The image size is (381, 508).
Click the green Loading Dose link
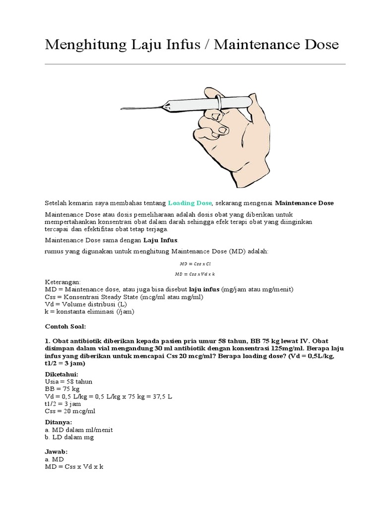pos(190,203)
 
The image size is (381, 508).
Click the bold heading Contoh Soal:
pos(66,326)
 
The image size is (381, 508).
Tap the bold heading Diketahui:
pos(62,374)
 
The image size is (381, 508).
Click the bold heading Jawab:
pos(56,452)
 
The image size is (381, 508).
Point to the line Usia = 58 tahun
pos(68,381)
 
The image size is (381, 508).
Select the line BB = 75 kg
pos(62,389)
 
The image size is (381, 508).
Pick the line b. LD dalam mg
pos(69,437)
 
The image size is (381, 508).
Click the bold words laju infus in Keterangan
pos(204,289)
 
